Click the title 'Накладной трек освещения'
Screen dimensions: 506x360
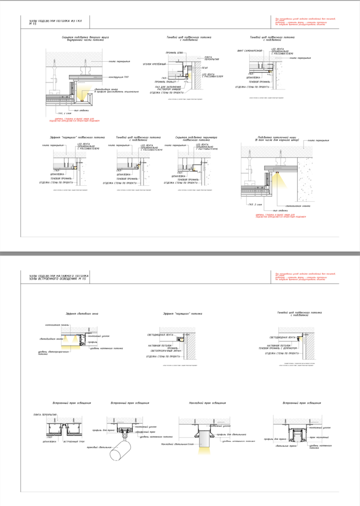(x=207, y=404)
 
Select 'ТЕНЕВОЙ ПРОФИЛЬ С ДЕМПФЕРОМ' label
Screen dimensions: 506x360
(x=282, y=349)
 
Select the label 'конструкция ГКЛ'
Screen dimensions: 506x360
(x=119, y=77)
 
